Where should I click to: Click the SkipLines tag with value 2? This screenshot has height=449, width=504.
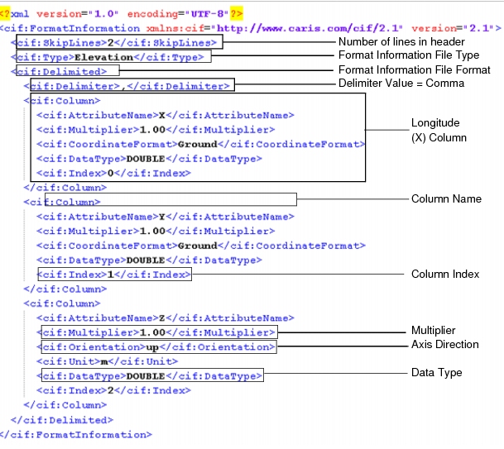tap(115, 42)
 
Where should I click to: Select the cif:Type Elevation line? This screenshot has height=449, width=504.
tap(111, 56)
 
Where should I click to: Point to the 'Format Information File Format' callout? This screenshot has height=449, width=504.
tap(415, 70)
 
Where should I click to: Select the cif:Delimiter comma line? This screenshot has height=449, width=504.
tap(129, 84)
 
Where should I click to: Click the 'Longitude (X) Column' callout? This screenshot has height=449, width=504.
tap(434, 130)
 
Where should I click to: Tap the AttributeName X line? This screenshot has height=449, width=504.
tap(165, 115)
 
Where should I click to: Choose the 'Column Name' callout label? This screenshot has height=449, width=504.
tap(446, 199)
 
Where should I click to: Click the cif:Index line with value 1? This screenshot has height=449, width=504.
tap(114, 275)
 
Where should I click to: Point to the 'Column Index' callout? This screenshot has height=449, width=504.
tap(445, 274)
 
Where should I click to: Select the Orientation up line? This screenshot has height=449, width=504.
tap(157, 346)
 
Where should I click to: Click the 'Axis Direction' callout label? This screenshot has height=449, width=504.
tap(444, 344)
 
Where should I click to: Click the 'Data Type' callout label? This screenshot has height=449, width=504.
tap(436, 373)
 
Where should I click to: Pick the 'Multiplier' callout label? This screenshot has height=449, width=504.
tap(433, 331)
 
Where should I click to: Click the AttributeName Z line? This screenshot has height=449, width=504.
tap(165, 318)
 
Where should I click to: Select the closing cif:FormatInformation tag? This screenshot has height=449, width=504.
tap(76, 434)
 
